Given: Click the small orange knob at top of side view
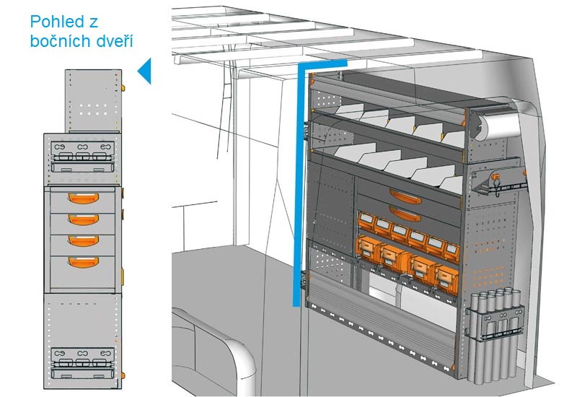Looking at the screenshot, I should click(x=123, y=87).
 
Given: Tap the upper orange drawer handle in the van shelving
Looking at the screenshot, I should click(x=403, y=193).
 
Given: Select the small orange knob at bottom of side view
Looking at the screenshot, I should click(x=123, y=375).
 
